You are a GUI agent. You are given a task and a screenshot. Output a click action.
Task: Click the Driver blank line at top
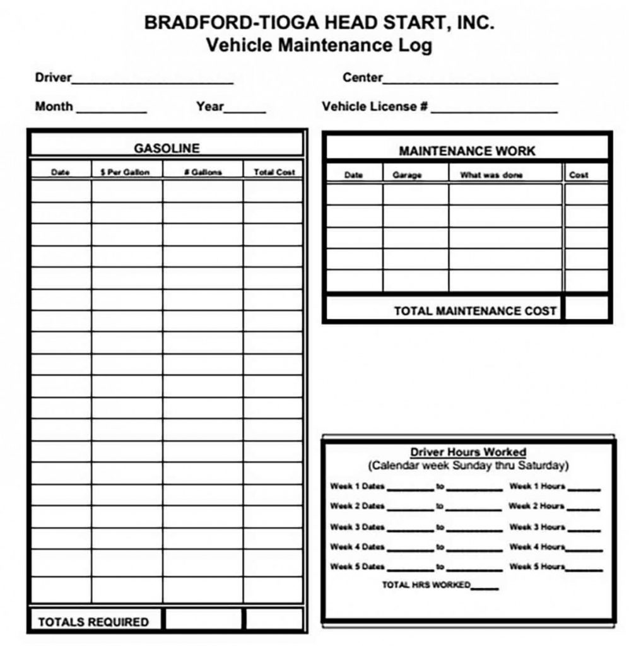click(153, 81)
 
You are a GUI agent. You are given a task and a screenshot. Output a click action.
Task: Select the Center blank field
click(470, 81)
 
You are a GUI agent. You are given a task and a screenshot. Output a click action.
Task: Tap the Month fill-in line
click(111, 110)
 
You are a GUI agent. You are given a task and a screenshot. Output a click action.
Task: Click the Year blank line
click(245, 110)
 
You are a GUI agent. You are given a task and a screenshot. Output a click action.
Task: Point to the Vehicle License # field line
click(494, 110)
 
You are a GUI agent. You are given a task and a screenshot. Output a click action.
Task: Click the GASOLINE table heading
click(167, 148)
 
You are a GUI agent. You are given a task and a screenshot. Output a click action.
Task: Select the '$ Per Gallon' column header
click(126, 172)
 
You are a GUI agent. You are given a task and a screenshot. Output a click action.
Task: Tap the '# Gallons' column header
click(203, 172)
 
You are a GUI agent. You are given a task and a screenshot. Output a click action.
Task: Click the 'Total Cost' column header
click(274, 172)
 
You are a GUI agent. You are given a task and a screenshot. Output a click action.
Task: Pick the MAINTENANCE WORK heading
click(467, 151)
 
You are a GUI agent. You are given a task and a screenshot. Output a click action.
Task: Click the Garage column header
click(407, 175)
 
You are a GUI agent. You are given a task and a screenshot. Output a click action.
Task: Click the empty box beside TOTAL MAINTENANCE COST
click(586, 309)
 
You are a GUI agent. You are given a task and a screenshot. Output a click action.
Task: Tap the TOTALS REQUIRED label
click(93, 622)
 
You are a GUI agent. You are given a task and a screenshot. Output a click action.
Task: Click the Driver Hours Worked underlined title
click(468, 452)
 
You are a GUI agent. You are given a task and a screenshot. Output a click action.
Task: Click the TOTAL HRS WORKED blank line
click(485, 587)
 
